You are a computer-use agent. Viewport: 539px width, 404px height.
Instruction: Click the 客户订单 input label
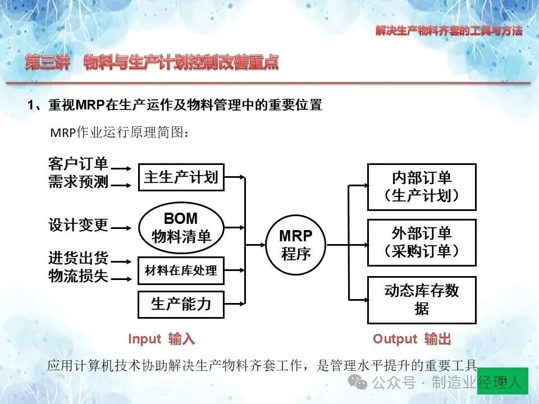79,164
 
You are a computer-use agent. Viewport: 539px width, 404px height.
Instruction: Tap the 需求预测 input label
79,181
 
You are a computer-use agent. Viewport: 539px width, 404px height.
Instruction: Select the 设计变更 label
79,225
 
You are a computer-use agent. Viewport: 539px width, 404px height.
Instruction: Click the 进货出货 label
79,258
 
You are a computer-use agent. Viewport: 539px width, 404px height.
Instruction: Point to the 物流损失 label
79,276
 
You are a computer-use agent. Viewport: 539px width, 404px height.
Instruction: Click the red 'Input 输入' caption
162,339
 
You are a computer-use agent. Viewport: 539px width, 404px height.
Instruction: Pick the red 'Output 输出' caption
412,339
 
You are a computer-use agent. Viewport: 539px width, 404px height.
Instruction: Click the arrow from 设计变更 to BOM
121,228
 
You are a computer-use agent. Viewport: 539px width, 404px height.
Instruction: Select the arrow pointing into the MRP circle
255,245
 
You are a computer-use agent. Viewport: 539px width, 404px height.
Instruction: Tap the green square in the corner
503,380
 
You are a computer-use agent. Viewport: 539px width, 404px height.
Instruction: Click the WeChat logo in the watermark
358,382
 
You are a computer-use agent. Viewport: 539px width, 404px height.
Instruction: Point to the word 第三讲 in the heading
47,62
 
